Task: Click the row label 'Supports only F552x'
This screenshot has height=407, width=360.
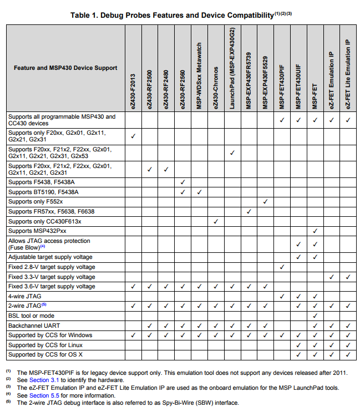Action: [35, 202]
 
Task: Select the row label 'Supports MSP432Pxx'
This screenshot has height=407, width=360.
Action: [37, 231]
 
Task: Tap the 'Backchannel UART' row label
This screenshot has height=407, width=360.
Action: [35, 325]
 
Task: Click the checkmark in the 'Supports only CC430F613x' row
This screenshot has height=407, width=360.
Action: [216, 221]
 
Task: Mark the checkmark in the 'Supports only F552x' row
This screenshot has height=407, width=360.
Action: [265, 202]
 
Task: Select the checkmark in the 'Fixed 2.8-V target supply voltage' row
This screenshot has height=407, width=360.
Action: [282, 267]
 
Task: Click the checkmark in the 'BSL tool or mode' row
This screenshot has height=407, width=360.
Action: [315, 316]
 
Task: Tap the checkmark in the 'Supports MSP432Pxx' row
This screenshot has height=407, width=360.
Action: [315, 231]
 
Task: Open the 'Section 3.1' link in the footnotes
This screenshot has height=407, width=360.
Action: [44, 380]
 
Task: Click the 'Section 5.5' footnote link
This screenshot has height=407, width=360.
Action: [44, 395]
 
